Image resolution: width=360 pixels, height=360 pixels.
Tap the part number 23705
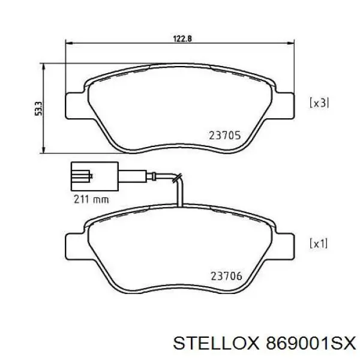(x=224, y=136)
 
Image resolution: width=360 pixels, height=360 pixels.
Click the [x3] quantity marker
(x=319, y=103)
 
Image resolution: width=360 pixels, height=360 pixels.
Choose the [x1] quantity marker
(x=318, y=244)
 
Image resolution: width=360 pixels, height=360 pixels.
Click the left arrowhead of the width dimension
(x=68, y=43)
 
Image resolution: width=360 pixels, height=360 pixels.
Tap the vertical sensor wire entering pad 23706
(x=180, y=195)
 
